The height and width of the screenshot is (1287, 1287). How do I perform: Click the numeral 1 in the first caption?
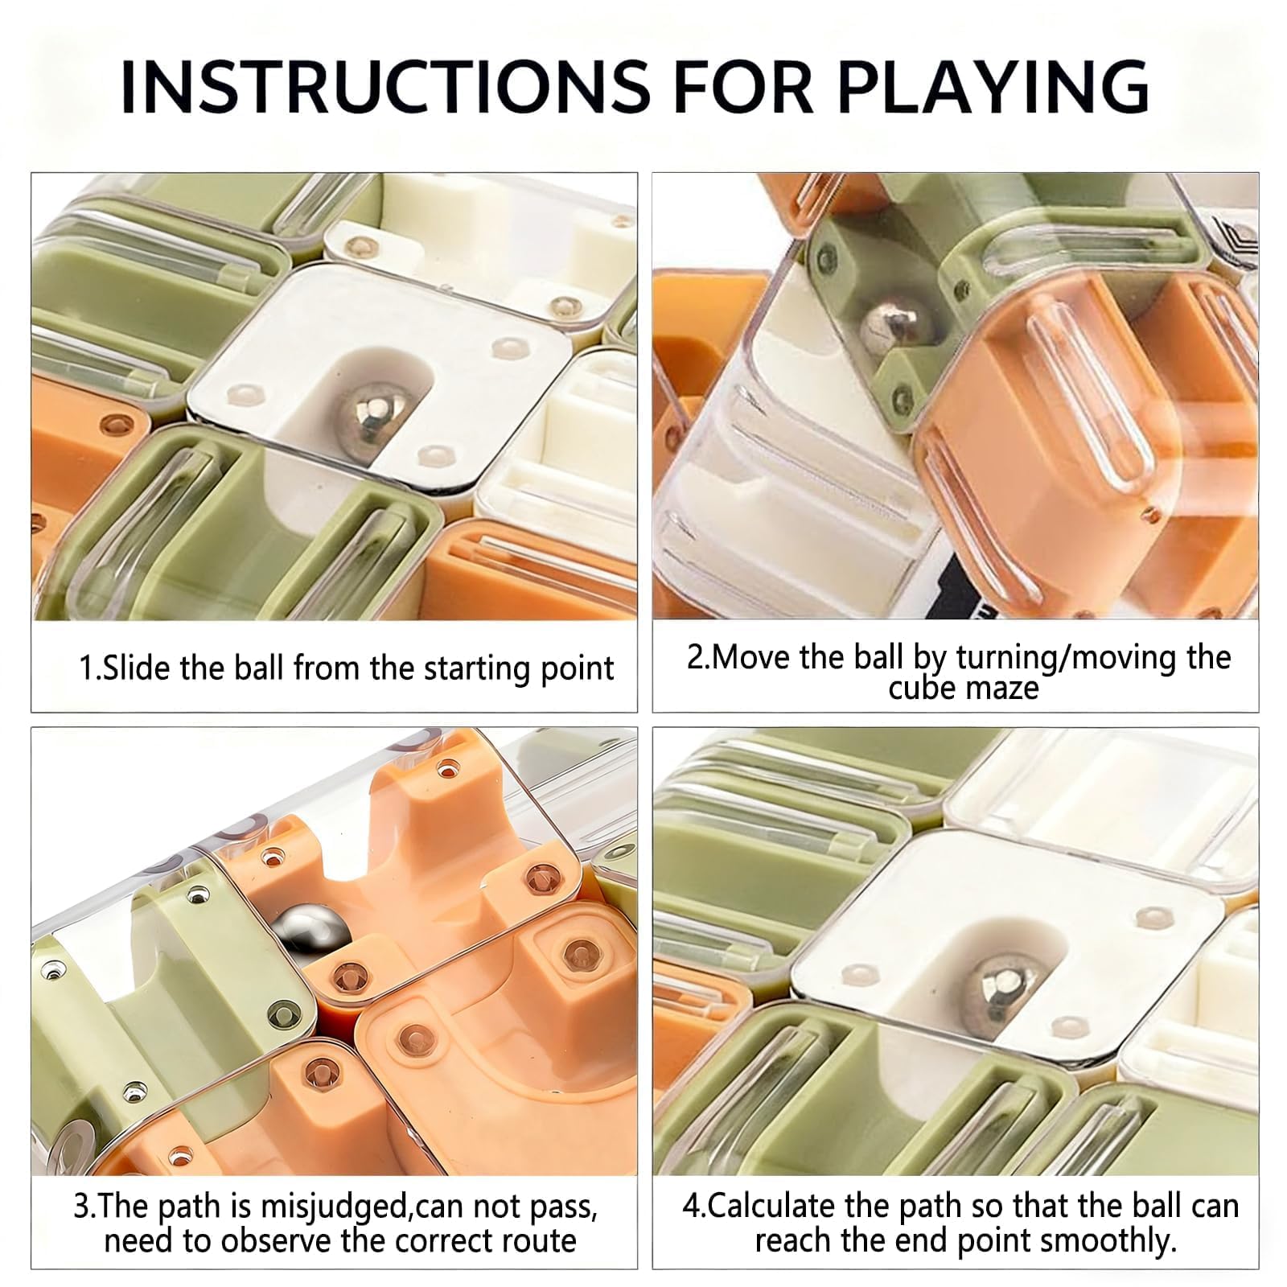click(x=86, y=668)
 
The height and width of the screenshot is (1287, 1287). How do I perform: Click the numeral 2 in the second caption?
click(x=694, y=658)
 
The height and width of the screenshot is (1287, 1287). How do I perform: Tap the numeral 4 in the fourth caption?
click(x=691, y=1207)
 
